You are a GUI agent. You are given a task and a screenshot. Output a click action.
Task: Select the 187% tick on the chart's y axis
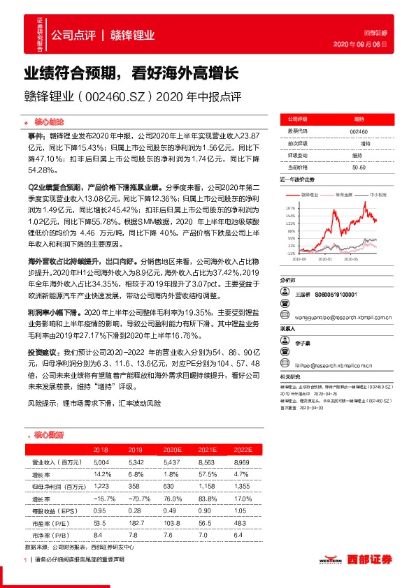click(290, 208)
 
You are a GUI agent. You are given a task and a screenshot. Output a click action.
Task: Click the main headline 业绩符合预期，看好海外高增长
click(133, 72)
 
